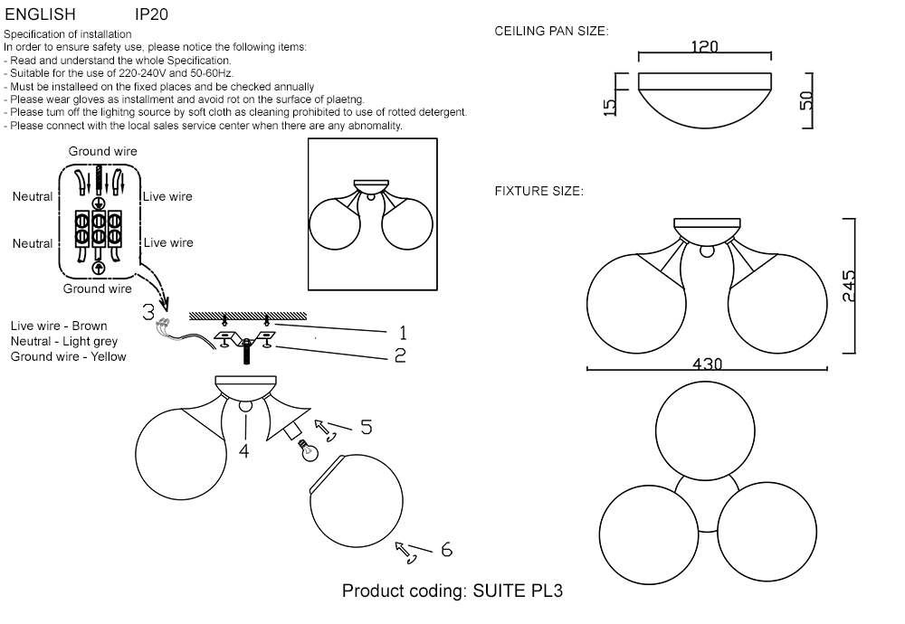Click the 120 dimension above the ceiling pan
click(704, 47)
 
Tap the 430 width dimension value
click(707, 364)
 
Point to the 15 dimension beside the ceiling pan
click(610, 105)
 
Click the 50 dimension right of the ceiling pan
click(806, 99)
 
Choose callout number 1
click(403, 333)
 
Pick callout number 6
click(445, 549)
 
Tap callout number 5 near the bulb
click(366, 427)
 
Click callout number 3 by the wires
click(148, 312)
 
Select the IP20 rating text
click(151, 15)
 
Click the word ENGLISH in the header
click(41, 15)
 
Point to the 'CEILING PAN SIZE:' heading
click(551, 32)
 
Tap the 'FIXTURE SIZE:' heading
click(538, 192)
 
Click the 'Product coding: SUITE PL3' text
click(452, 591)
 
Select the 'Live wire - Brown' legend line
click(59, 326)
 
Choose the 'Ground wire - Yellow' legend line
click(69, 356)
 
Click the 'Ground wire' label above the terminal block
click(103, 151)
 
